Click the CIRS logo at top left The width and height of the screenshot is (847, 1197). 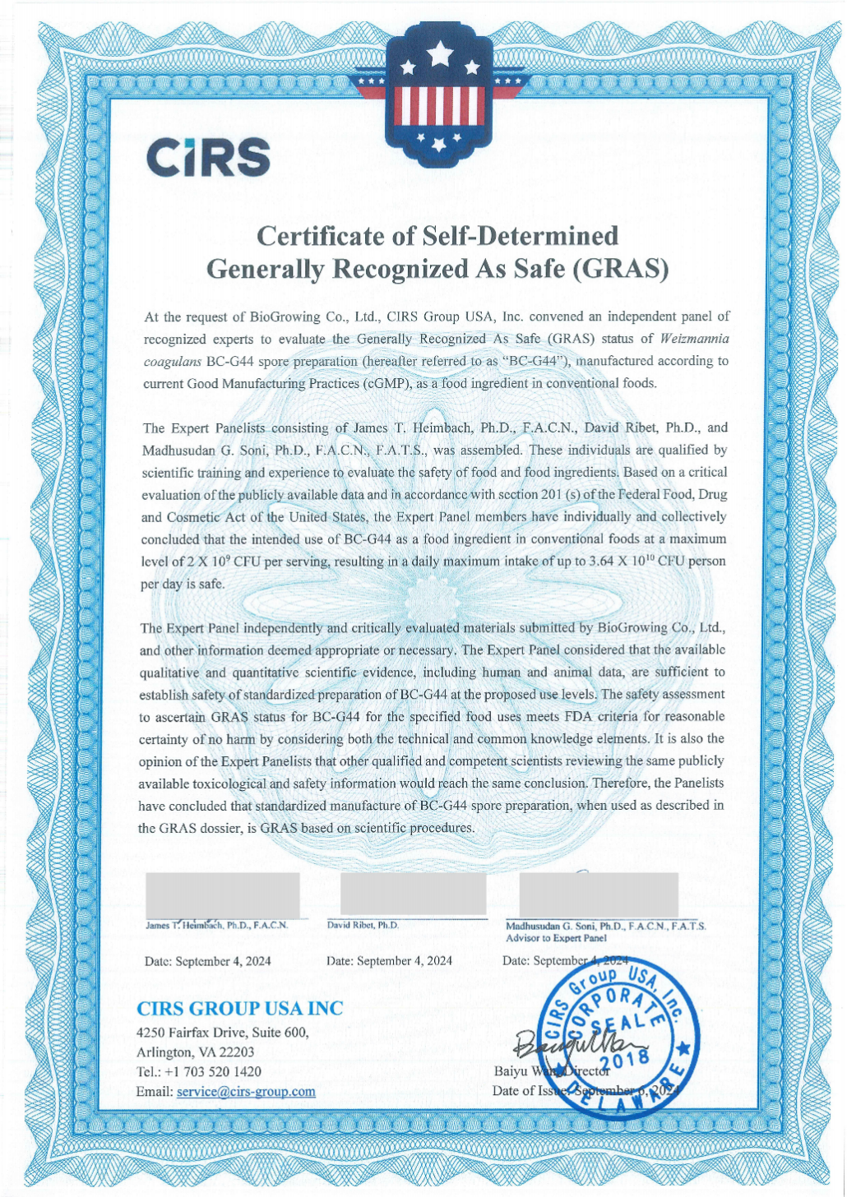pyautogui.click(x=208, y=156)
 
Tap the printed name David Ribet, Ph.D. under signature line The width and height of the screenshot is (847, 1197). pyautogui.click(x=363, y=925)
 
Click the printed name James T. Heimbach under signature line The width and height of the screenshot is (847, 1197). pyautogui.click(x=216, y=925)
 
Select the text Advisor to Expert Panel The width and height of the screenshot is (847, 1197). pyautogui.click(x=556, y=937)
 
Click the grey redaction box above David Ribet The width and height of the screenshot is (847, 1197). pyautogui.click(x=414, y=894)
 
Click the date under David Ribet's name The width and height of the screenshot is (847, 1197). pyautogui.click(x=389, y=960)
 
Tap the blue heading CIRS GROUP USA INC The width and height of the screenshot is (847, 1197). pyautogui.click(x=239, y=1008)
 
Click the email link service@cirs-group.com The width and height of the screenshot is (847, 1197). pyautogui.click(x=245, y=1092)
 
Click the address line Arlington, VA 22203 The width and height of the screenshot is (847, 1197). pyautogui.click(x=195, y=1051)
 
